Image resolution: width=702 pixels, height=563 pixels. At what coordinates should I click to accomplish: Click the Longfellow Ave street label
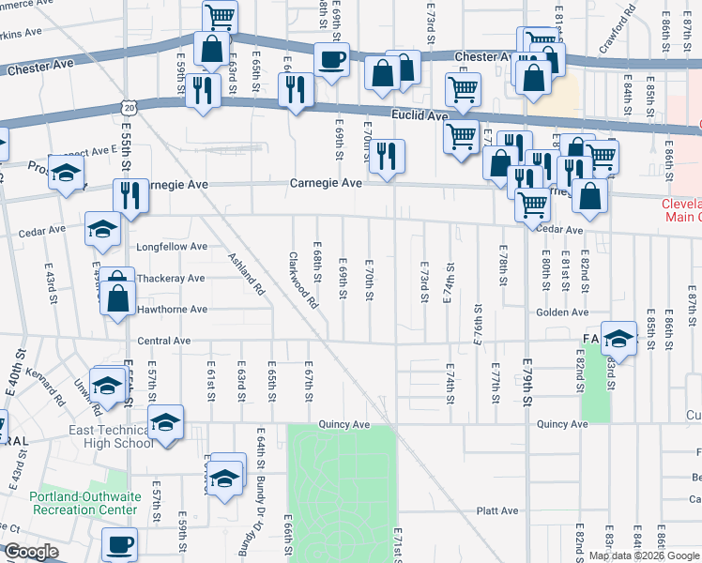(172, 247)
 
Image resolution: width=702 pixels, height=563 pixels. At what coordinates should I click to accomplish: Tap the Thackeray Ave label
(170, 279)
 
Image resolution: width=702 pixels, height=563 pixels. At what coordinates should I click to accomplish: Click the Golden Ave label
(562, 312)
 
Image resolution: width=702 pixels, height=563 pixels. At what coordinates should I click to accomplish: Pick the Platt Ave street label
(497, 511)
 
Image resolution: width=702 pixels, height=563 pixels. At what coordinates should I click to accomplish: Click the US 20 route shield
(130, 109)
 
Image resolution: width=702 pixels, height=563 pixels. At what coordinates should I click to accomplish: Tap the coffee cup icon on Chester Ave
(331, 60)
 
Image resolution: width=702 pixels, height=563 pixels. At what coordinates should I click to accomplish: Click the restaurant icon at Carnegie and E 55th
(130, 195)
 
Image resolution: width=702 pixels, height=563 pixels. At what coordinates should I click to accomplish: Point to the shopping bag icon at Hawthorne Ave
(118, 299)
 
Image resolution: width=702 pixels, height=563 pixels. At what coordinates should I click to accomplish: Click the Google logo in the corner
(32, 552)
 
